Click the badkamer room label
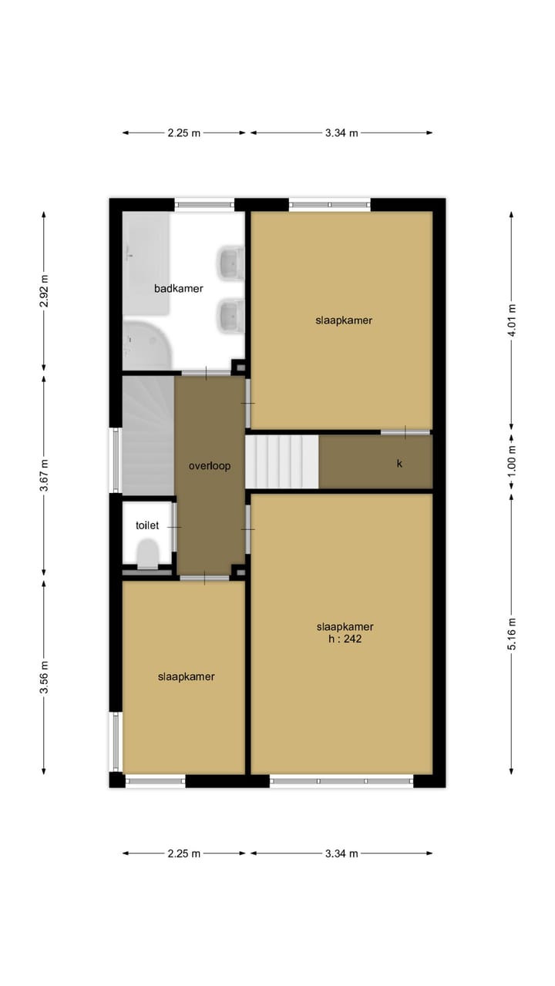pyautogui.click(x=178, y=289)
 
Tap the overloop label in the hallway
pyautogui.click(x=210, y=466)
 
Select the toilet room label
pyautogui.click(x=147, y=525)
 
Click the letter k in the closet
pyautogui.click(x=399, y=464)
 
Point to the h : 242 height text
pyautogui.click(x=345, y=639)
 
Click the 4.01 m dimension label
pyautogui.click(x=512, y=320)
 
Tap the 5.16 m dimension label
pyautogui.click(x=512, y=634)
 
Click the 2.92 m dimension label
pyautogui.click(x=44, y=291)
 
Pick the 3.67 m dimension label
pyautogui.click(x=44, y=475)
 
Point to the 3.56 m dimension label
pyautogui.click(x=44, y=677)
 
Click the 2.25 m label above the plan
pyautogui.click(x=183, y=133)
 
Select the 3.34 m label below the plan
pyautogui.click(x=341, y=854)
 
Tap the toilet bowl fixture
pyautogui.click(x=147, y=554)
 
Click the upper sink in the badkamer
pyautogui.click(x=230, y=263)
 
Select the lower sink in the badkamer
pyautogui.click(x=230, y=315)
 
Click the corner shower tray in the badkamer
pyautogui.click(x=146, y=346)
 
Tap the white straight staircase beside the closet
pyautogui.click(x=282, y=461)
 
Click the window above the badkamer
pyautogui.click(x=204, y=204)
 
